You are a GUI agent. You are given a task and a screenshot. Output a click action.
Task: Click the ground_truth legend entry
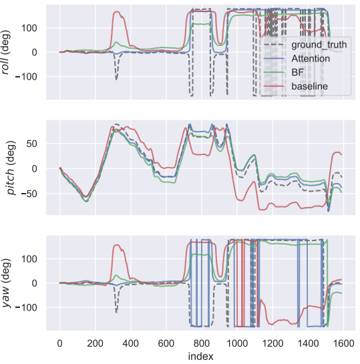pyautogui.click(x=298, y=45)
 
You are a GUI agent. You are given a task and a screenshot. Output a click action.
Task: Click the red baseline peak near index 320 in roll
pyautogui.click(x=117, y=11)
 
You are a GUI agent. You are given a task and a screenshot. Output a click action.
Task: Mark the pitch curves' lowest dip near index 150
pyautogui.click(x=86, y=199)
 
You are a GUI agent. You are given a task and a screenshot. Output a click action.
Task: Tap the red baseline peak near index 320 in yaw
pyautogui.click(x=117, y=244)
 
